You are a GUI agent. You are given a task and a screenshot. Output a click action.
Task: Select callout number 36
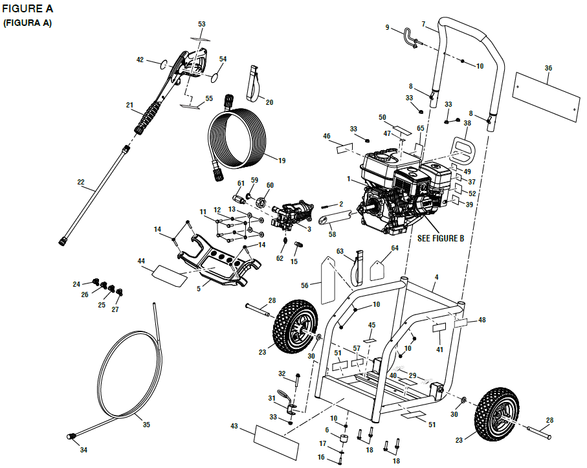(548, 68)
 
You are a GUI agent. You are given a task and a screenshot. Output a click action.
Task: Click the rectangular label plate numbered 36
(545, 95)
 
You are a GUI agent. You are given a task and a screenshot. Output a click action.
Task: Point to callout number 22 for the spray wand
(81, 182)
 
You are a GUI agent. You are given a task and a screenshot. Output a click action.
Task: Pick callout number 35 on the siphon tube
(146, 425)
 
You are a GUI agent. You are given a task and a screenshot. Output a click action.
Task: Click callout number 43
(234, 426)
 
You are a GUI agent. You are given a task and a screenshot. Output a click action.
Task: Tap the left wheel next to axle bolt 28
(296, 328)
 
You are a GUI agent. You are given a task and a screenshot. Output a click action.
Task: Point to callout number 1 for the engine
(348, 179)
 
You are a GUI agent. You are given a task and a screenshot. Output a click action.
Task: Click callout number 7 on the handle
(423, 25)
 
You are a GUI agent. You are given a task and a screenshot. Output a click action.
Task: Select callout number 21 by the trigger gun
(129, 104)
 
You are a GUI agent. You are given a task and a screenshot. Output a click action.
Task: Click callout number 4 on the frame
(436, 278)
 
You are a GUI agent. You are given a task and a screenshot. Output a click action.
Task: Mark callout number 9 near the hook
(388, 27)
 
